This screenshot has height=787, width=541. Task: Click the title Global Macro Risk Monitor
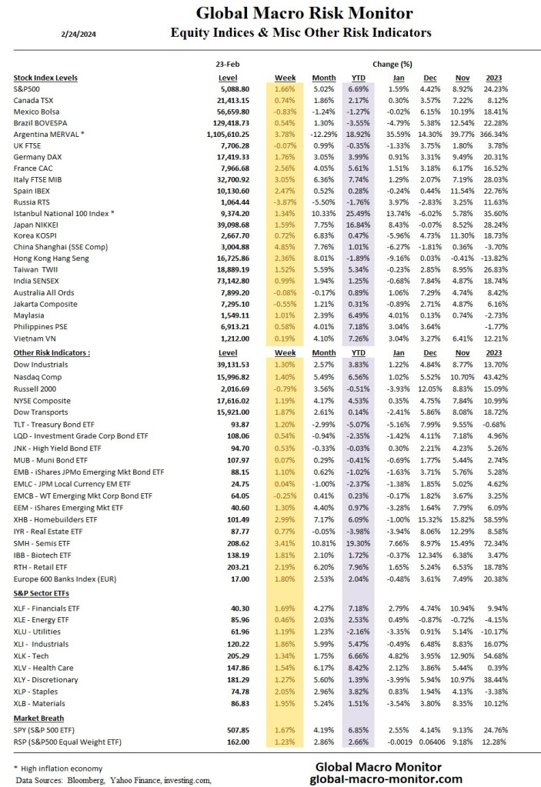[x=304, y=13]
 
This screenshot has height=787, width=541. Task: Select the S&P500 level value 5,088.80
[x=232, y=89]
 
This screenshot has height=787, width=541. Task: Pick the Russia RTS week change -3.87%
[x=285, y=201]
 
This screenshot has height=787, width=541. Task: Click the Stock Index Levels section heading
[x=46, y=78]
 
